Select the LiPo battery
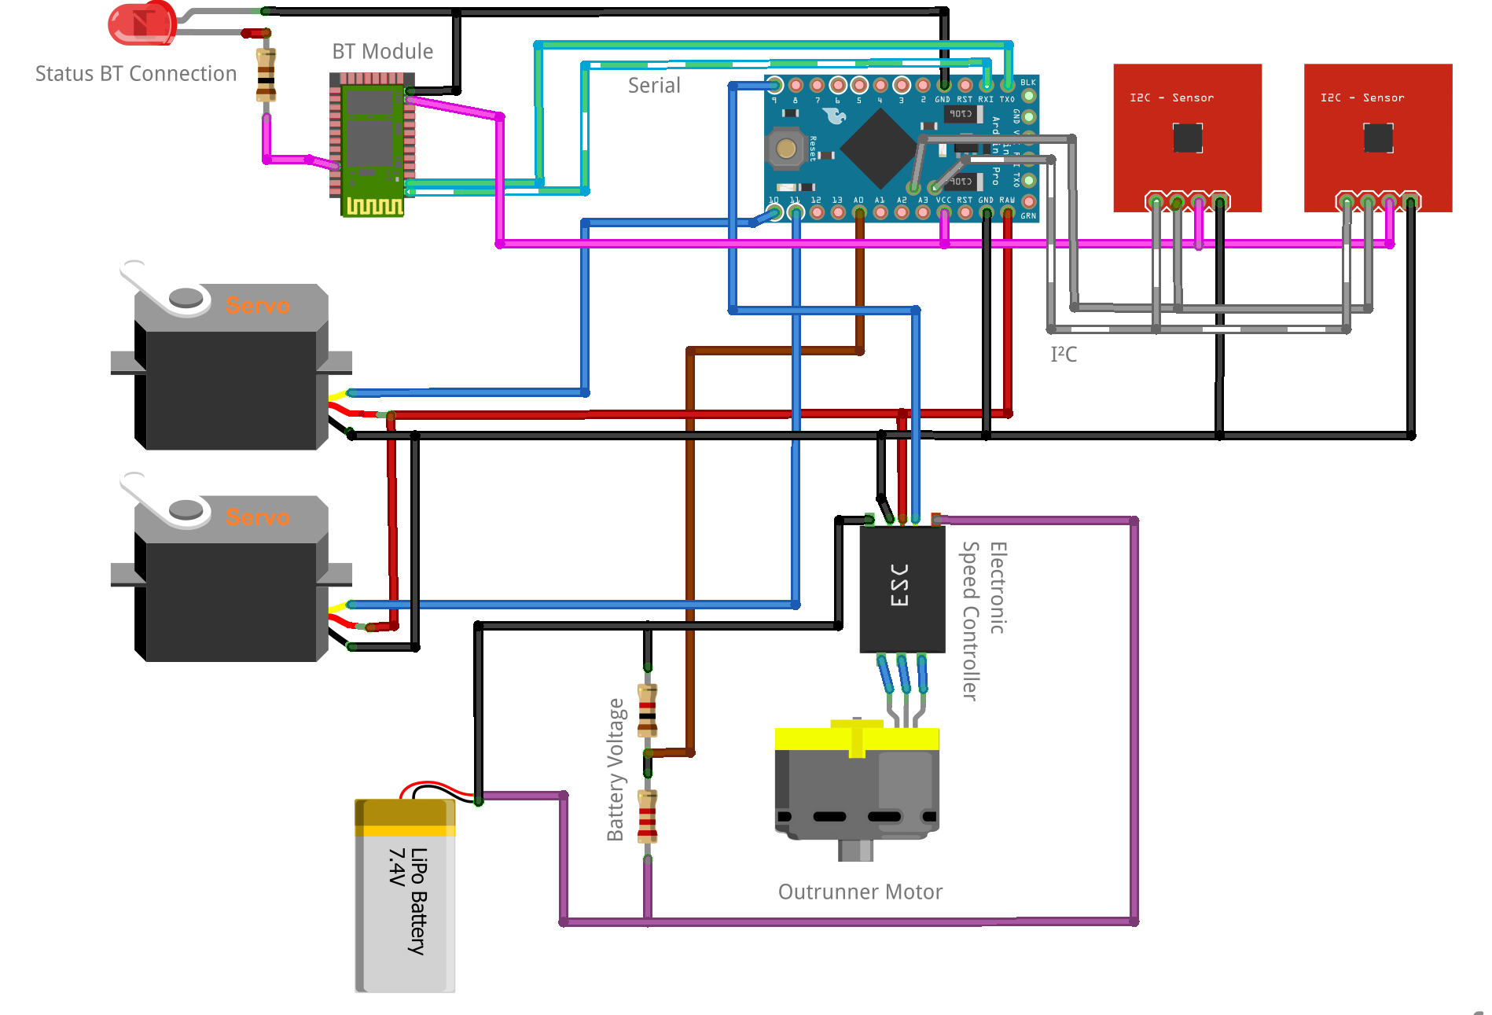coord(405,896)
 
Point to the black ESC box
coord(902,588)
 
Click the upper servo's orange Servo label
coord(257,305)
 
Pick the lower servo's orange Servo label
coord(257,517)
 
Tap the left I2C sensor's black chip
coord(1187,138)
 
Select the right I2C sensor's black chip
coord(1378,138)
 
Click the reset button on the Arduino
coord(785,148)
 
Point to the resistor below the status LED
coord(266,75)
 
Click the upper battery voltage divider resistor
coord(647,710)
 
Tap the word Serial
coord(654,86)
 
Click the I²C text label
coord(1064,354)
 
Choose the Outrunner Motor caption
coord(860,892)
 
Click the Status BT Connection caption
coord(136,74)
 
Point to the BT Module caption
coord(383,52)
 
